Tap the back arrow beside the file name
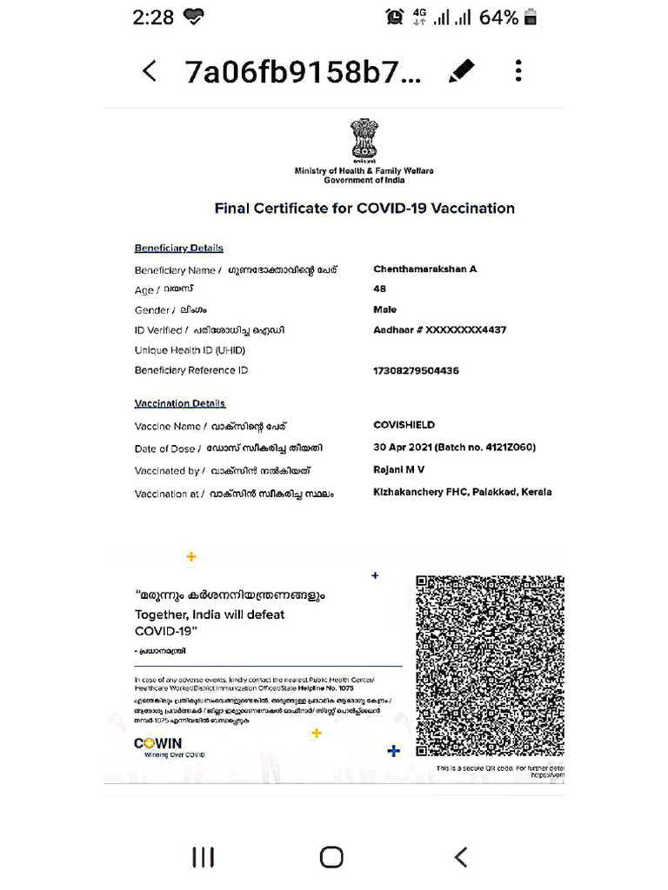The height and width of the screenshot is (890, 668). (150, 71)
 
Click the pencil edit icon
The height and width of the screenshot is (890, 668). (461, 71)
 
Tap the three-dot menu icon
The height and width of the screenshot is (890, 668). (518, 71)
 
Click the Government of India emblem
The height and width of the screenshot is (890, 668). (364, 140)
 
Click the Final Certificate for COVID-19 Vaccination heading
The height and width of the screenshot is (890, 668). (364, 209)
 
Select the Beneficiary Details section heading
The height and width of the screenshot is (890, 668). (178, 248)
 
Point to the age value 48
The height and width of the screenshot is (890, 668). (379, 289)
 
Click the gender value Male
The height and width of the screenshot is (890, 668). (384, 309)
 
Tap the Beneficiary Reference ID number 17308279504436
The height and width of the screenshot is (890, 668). (416, 370)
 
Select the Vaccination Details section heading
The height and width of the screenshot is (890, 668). (179, 403)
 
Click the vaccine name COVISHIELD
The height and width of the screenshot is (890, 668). (404, 425)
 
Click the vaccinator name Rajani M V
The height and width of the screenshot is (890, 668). (398, 469)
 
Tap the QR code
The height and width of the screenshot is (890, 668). (490, 666)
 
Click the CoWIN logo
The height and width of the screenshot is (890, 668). (158, 744)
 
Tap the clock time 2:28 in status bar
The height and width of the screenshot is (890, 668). (153, 17)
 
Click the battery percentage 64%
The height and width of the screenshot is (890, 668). (498, 17)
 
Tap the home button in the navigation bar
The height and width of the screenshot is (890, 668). (331, 857)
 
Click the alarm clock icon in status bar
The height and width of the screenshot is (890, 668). (395, 17)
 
